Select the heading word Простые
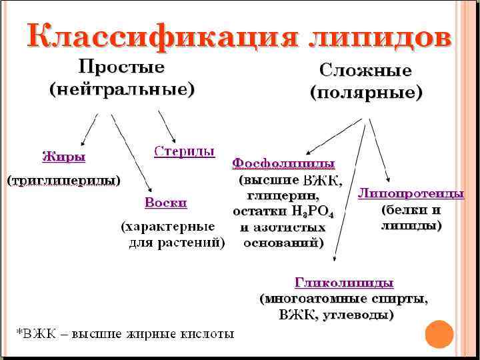point(122,67)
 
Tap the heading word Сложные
point(365,70)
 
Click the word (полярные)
point(365,93)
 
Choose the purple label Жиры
point(64,157)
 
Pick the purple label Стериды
point(185,151)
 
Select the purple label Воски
point(166,202)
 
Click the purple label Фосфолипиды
point(283,163)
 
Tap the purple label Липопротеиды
point(411,194)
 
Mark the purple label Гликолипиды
point(344,283)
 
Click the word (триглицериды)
point(64,180)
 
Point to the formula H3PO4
point(313,212)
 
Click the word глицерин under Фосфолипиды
point(283,197)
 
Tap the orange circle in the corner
point(439,334)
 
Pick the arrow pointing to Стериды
point(167,127)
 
